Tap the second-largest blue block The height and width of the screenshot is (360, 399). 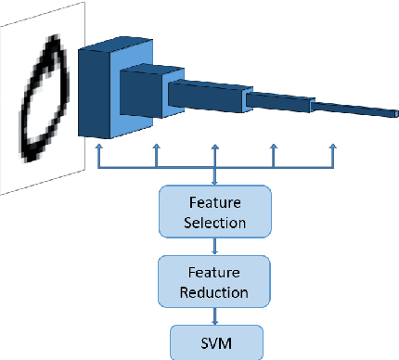[x=143, y=94]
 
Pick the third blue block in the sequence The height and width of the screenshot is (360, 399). [x=206, y=96]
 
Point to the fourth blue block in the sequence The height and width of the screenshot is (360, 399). [x=279, y=104]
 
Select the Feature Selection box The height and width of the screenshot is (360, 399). [x=215, y=212]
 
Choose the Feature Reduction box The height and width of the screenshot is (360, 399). [x=215, y=282]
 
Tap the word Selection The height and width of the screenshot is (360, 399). [x=215, y=223]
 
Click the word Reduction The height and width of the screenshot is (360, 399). [x=215, y=293]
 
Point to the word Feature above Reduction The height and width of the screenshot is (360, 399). [x=215, y=273]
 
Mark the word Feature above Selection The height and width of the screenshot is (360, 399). [x=215, y=202]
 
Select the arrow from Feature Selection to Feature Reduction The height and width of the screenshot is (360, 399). [x=215, y=247]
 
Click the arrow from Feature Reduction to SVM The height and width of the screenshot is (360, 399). [x=215, y=315]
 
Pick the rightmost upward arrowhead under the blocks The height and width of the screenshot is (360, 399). [x=333, y=148]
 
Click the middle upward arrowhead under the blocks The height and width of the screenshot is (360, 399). [x=215, y=148]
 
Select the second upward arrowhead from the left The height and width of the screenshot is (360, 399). [x=156, y=148]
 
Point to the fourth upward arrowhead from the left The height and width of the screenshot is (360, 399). [x=274, y=148]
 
